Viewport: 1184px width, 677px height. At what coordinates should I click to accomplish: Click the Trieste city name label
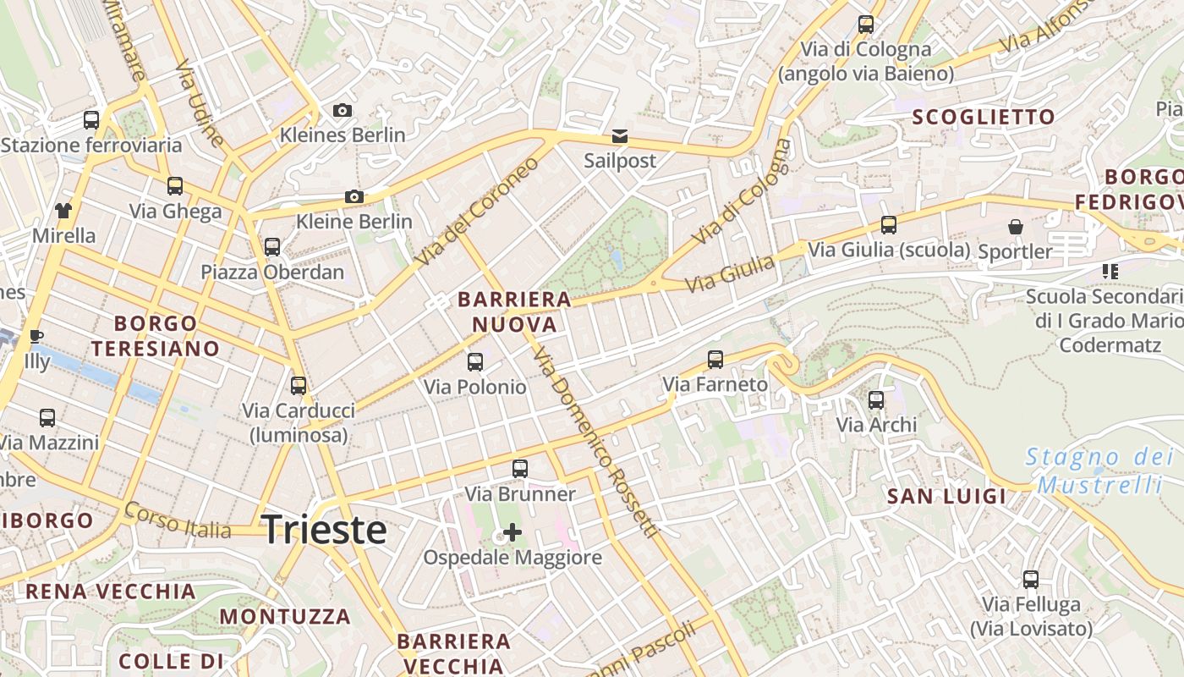coord(324,530)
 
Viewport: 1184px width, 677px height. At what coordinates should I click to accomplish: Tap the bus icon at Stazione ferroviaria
coord(91,120)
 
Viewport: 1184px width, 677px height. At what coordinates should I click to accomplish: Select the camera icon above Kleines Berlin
coord(343,110)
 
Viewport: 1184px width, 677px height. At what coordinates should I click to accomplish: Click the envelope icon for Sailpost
coord(620,136)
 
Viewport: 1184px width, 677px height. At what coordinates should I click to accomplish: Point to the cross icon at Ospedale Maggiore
coord(513,532)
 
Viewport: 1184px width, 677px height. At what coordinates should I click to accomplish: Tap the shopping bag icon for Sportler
coord(1015,227)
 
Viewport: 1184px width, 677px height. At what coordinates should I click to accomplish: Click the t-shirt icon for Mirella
coord(63,210)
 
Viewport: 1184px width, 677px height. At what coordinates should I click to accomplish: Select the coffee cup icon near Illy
coord(36,336)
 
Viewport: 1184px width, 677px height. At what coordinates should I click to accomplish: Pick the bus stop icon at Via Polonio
coord(475,362)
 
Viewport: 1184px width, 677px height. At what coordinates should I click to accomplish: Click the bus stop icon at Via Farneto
coord(715,360)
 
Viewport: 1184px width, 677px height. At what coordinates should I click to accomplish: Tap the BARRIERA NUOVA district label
coord(514,311)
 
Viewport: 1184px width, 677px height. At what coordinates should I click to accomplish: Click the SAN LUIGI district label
coord(946,497)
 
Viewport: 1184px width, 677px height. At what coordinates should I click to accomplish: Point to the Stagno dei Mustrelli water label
coord(1099,471)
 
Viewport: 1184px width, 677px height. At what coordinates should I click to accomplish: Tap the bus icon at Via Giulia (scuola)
coord(888,225)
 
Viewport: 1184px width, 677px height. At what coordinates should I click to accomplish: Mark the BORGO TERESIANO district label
coord(156,335)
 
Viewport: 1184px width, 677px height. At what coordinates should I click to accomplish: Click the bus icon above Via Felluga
coord(1030,580)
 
